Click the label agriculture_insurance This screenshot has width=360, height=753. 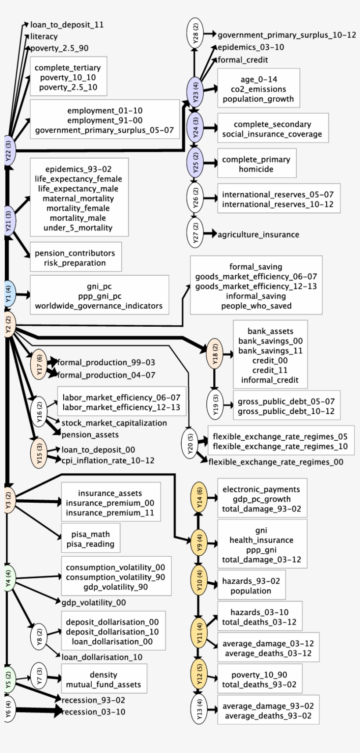click(x=258, y=234)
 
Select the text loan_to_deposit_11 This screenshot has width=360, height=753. click(x=67, y=25)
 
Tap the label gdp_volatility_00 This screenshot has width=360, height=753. click(x=94, y=602)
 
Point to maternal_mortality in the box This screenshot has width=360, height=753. click(x=78, y=198)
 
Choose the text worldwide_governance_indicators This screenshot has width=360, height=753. click(x=99, y=306)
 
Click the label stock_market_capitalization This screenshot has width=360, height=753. click(x=114, y=423)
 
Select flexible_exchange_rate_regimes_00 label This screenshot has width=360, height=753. click(x=276, y=462)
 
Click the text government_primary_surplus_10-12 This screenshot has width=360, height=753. click(x=287, y=35)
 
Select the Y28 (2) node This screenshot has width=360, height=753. click(x=196, y=33)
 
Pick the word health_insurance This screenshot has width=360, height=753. click(x=261, y=540)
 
